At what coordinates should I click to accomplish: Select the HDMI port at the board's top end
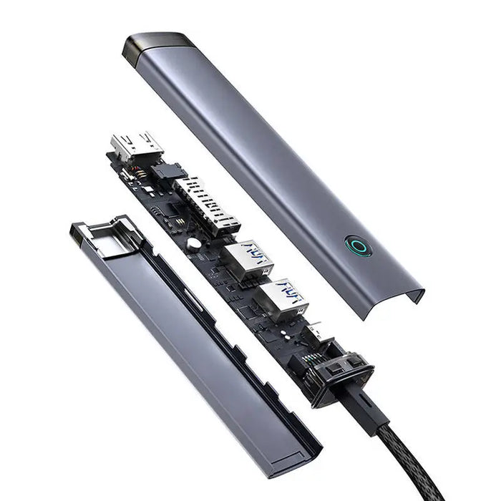click(137, 146)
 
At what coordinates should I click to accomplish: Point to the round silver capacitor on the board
click(193, 244)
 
